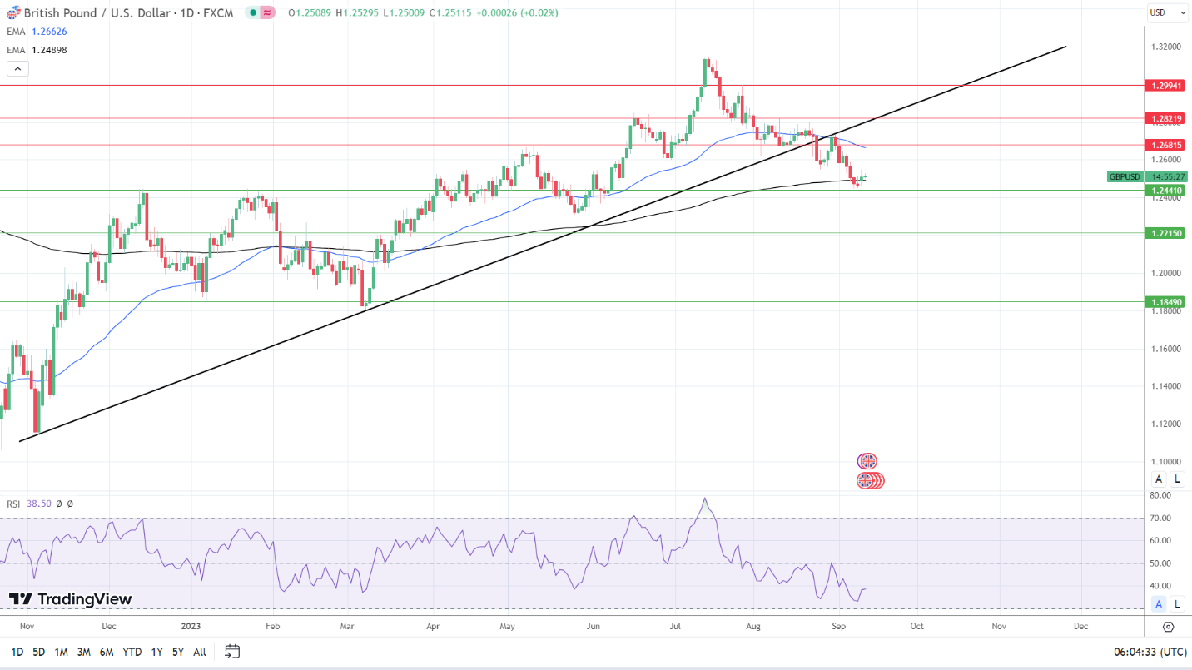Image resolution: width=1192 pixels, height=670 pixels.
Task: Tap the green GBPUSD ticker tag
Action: pos(1125,176)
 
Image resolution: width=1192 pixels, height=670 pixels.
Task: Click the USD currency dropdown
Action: pos(1168,12)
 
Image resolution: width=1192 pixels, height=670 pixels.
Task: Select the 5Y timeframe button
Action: pos(178,652)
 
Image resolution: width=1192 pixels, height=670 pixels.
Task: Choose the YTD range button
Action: pos(132,652)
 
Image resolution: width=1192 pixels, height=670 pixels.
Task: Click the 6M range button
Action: pos(107,652)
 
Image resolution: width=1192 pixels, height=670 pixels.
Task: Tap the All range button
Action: pos(200,652)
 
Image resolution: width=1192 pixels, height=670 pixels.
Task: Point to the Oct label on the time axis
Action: pos(916,625)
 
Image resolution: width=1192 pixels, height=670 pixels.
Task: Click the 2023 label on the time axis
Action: pos(191,625)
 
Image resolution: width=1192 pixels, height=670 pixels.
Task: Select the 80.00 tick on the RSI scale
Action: pos(1160,495)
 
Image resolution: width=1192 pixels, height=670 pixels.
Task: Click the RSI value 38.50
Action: pos(39,504)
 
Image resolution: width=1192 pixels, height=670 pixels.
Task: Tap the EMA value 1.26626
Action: pos(49,32)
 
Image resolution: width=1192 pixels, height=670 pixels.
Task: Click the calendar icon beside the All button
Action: pos(232,652)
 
